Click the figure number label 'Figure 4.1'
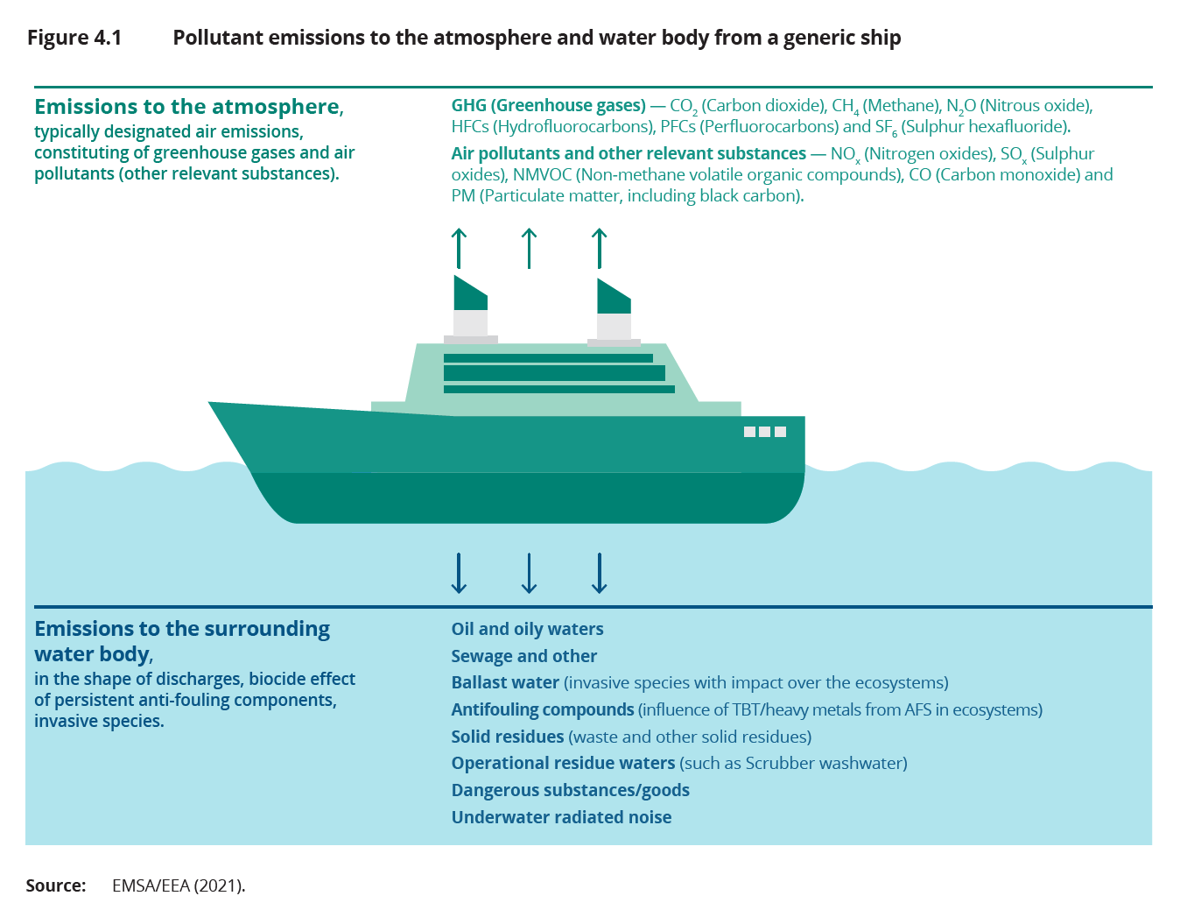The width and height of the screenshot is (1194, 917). click(x=74, y=38)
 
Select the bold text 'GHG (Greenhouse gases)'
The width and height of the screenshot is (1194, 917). click(x=548, y=106)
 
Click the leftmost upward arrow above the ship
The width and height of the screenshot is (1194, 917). click(x=459, y=248)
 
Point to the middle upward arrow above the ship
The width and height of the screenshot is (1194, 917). click(x=529, y=248)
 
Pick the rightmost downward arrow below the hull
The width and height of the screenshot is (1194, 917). click(x=599, y=573)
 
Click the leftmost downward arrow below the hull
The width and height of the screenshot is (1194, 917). click(x=459, y=573)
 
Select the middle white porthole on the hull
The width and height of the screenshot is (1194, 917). click(x=765, y=432)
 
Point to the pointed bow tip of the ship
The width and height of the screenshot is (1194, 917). click(x=212, y=404)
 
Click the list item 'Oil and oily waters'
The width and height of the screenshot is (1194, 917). click(x=527, y=629)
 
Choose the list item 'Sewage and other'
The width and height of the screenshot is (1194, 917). click(x=523, y=656)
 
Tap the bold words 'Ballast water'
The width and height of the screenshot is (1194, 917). click(x=505, y=683)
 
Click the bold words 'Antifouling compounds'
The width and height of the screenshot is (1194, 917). click(x=542, y=709)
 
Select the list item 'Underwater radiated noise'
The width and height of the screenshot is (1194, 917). click(x=561, y=817)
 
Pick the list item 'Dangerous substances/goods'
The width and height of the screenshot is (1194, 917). click(x=570, y=790)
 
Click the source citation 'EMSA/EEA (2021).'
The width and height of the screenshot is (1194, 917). click(x=179, y=885)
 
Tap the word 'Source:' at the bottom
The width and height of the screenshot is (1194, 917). click(x=56, y=885)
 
